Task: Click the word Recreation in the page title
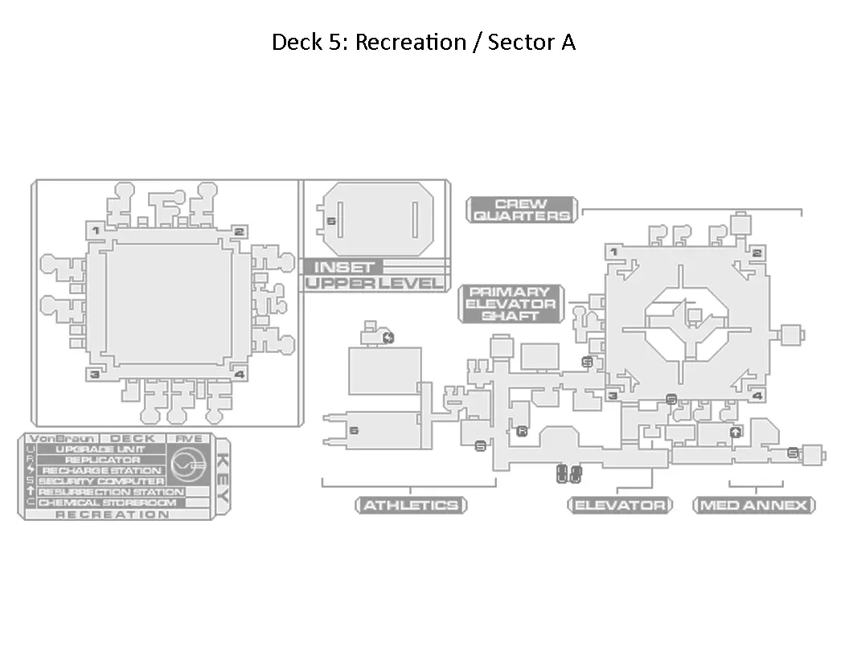click(x=410, y=42)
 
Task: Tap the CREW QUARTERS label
click(x=522, y=210)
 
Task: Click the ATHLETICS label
click(x=411, y=506)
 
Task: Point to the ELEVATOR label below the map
click(x=619, y=506)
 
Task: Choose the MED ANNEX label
click(x=754, y=506)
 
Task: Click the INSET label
click(x=344, y=267)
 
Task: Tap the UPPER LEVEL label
click(x=375, y=283)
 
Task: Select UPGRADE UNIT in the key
click(x=100, y=449)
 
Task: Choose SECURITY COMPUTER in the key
click(x=101, y=481)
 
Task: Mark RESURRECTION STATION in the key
click(x=111, y=491)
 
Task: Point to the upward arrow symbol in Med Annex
click(x=735, y=433)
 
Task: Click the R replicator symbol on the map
click(x=522, y=432)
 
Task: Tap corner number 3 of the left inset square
click(x=95, y=374)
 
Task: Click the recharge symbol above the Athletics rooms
click(x=389, y=337)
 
